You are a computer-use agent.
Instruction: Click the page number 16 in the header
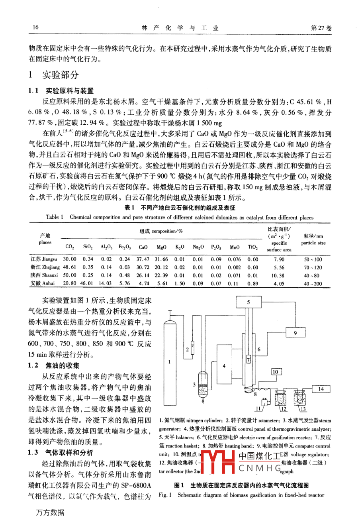(x=35, y=27)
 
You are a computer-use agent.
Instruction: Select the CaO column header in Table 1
(x=143, y=247)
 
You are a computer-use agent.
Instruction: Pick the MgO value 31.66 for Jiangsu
(x=161, y=259)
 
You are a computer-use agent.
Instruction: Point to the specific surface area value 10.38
(x=279, y=275)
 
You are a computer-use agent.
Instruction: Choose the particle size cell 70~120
(x=313, y=268)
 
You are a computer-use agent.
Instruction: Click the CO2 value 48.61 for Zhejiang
(x=70, y=268)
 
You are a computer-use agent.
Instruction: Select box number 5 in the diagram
(x=248, y=302)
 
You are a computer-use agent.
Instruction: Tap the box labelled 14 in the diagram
(x=321, y=389)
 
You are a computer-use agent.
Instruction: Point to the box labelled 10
(x=275, y=372)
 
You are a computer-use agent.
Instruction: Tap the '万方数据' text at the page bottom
(x=50, y=512)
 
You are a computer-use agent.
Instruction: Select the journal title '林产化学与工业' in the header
(x=180, y=28)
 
